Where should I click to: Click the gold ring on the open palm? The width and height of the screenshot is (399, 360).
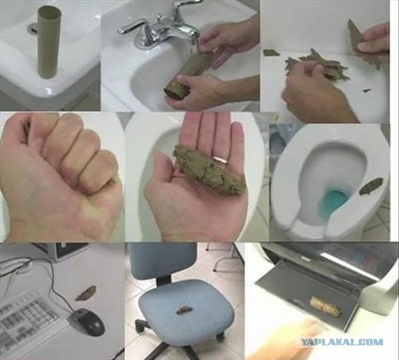pos(221,159)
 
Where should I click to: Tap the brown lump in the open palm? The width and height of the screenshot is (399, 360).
pos(209,170)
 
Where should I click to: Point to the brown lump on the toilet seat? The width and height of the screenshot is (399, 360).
pos(372,185)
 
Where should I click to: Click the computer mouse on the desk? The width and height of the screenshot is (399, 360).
pos(87,321)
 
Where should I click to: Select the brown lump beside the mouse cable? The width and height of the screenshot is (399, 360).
pos(86,293)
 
